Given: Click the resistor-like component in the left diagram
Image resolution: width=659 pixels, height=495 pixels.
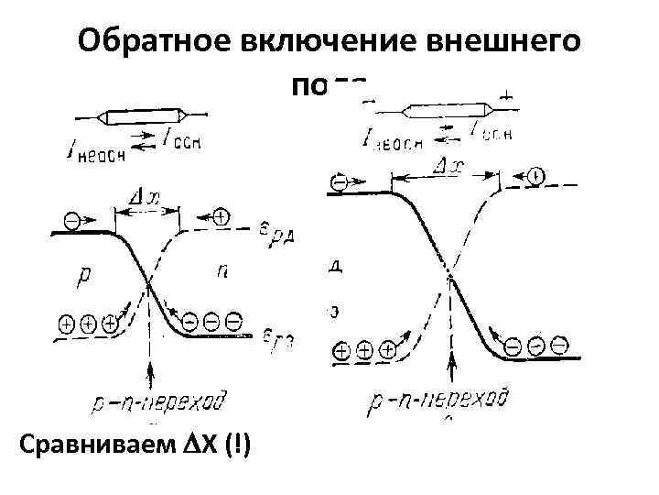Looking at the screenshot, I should pos(145,116).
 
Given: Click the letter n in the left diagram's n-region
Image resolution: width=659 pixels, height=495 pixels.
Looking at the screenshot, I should pos(222,270).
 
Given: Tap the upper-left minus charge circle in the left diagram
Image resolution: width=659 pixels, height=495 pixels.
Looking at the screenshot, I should pos(72,221).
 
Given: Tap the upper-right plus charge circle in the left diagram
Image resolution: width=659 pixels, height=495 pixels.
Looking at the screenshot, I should pos(221,216).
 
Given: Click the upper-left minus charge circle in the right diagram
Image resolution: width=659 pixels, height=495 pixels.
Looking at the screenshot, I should pos(340,181).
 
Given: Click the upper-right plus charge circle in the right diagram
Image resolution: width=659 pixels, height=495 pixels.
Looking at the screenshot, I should pos(536,174).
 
